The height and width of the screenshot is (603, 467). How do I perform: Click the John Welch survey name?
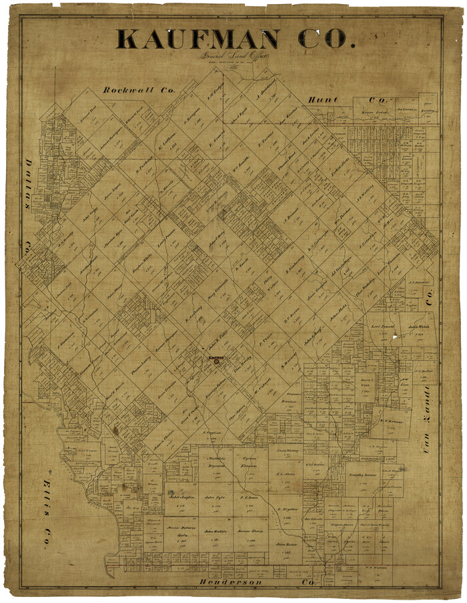tap(418, 327)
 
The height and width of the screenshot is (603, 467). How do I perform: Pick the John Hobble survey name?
tap(213, 532)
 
